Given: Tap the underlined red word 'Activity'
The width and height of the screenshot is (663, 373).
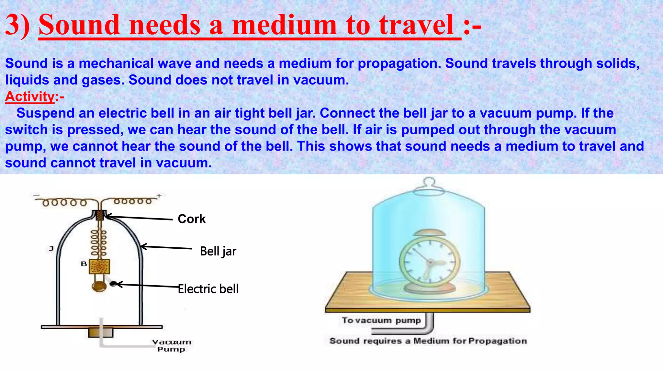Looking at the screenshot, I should [30, 96].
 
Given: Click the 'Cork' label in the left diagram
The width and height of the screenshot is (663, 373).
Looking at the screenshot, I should [192, 219].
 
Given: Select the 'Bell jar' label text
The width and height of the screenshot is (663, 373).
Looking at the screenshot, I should [218, 251].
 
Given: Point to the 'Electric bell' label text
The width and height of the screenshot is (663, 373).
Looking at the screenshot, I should [208, 289].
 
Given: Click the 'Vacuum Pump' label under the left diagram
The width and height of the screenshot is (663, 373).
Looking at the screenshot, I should [172, 345].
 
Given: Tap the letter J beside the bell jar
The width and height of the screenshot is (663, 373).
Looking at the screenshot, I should [51, 249].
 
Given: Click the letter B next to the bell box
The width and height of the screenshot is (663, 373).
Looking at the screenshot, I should [84, 264].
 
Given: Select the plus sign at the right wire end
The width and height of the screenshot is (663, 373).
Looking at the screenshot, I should [159, 196].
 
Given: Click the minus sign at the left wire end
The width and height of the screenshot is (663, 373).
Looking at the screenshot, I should [36, 196].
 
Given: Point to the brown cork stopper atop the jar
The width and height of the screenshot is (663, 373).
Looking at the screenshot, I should [100, 215].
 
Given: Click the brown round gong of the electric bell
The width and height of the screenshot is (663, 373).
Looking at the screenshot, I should [99, 286].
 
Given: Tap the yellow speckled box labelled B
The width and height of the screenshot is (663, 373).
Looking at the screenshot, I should [99, 266].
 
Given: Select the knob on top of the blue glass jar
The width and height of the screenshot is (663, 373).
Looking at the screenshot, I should [429, 182].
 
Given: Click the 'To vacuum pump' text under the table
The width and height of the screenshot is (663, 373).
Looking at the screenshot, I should [381, 320].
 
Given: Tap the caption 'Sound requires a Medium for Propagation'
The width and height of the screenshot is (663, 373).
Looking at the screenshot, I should [428, 341].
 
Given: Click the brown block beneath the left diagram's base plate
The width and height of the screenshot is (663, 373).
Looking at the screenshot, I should [101, 333].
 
